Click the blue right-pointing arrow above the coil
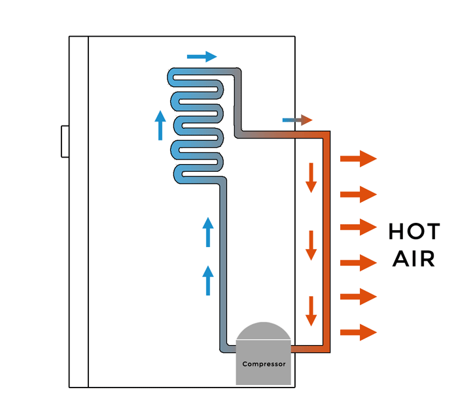point(202,57)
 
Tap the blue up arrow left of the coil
point(160,125)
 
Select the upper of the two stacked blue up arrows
point(208,232)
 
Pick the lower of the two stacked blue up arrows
point(208,280)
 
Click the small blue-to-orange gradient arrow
point(297,120)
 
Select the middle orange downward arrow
point(311,245)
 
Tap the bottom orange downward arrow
point(311,311)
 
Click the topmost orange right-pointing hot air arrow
point(359,159)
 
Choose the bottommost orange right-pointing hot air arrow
point(359,333)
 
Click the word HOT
point(414,232)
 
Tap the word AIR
point(414,259)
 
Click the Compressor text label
point(264,364)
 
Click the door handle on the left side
point(65,141)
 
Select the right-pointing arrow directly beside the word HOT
point(359,227)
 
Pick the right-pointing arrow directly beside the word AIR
point(359,263)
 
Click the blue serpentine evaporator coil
point(196,124)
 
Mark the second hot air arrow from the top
point(359,194)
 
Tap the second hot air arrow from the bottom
point(359,297)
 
